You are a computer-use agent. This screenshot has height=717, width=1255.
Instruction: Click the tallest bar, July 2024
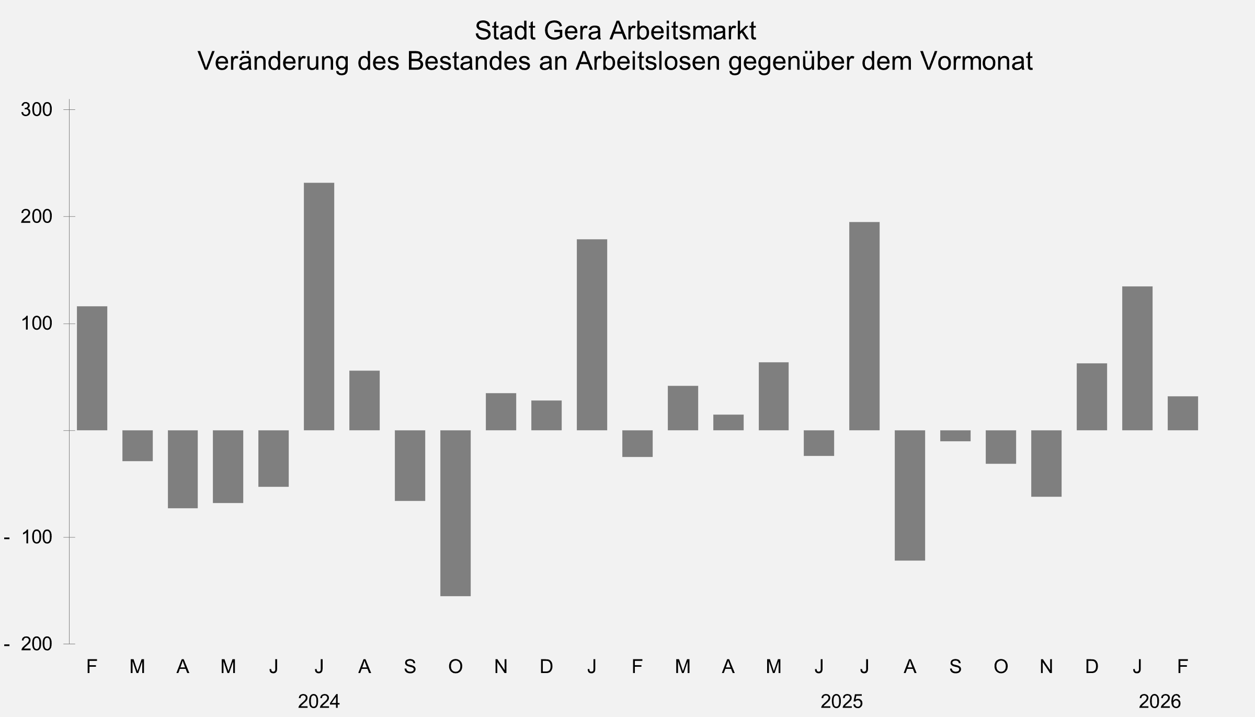(x=319, y=306)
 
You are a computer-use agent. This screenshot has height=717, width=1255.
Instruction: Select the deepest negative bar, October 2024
(x=455, y=513)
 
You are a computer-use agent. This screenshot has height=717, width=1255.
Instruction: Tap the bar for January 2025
(x=592, y=335)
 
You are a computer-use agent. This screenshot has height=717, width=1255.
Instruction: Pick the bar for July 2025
(x=864, y=326)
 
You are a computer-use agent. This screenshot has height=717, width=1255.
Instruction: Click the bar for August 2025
(x=910, y=495)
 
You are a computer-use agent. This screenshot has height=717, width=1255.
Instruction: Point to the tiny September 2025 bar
(x=955, y=436)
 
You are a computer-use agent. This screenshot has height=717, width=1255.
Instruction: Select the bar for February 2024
(x=92, y=368)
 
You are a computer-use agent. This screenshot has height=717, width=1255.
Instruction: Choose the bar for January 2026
(x=1137, y=358)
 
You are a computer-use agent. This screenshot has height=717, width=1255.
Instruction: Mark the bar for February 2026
(x=1183, y=413)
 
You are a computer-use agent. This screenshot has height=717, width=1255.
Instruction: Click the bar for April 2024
(x=183, y=469)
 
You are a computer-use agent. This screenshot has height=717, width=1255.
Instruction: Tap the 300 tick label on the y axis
(x=37, y=110)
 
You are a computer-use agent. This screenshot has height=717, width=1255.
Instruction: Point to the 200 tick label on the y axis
(x=37, y=217)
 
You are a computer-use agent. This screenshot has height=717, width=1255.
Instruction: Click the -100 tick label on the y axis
(x=29, y=537)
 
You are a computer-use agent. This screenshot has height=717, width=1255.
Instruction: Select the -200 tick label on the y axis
(x=29, y=644)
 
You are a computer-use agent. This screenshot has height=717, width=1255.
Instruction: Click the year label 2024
(x=319, y=701)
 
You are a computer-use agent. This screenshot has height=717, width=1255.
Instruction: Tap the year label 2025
(x=842, y=701)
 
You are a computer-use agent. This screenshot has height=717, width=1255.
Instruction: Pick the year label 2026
(x=1160, y=701)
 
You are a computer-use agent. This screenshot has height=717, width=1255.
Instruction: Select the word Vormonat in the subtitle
(x=976, y=61)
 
